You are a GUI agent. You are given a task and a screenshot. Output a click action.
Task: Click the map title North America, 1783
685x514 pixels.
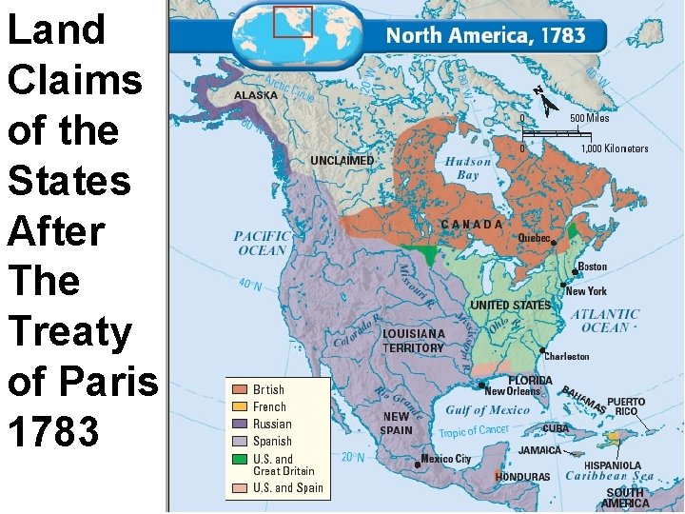[x=484, y=37]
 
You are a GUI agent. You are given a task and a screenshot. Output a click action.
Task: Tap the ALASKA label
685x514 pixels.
[x=256, y=95]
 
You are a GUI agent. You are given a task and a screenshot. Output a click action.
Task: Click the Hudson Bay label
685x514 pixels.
[x=468, y=168]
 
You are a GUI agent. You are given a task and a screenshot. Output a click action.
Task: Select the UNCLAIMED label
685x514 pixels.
[x=342, y=161]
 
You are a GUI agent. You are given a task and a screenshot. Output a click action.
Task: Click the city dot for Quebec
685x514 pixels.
[x=554, y=244]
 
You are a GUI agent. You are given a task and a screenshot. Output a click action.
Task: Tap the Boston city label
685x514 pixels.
[x=592, y=267]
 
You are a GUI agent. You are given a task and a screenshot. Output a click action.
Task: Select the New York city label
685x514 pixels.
[x=586, y=291]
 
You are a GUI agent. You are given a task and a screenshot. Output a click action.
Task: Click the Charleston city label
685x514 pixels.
[x=567, y=356]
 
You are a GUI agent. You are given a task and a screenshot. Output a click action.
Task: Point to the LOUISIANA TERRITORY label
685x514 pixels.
[x=414, y=341]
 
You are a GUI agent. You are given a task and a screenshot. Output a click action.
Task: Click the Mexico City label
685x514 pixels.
[x=446, y=459]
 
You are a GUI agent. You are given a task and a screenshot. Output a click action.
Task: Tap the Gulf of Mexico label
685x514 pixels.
[x=487, y=410]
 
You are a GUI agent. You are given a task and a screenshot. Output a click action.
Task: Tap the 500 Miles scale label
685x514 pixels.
[x=589, y=118]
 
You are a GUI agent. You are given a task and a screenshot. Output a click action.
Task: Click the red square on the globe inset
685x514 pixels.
[x=293, y=21]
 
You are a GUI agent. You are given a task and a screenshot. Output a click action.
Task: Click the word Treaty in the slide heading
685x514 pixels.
[x=68, y=332]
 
